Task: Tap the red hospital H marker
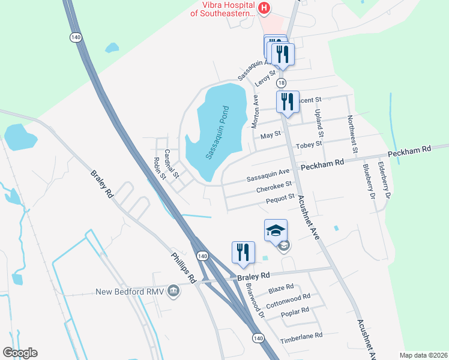coord(264,8)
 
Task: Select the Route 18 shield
coord(282,83)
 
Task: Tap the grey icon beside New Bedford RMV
coord(173,292)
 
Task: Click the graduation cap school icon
coord(276,231)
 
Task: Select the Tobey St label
coord(310,144)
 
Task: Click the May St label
coord(271,135)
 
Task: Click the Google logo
coord(20,353)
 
